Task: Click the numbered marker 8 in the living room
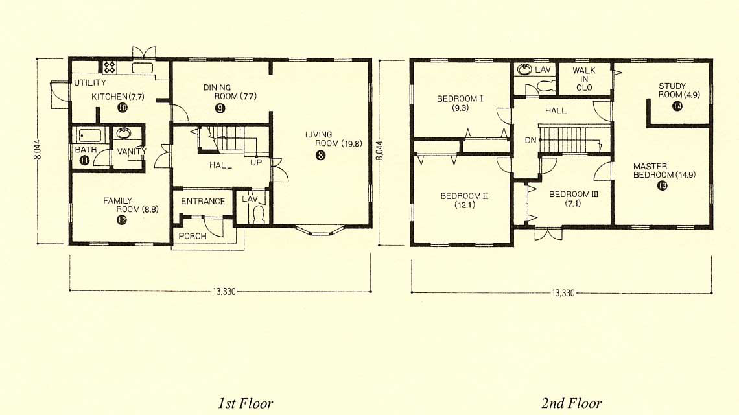point(320,155)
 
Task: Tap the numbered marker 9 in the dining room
point(220,108)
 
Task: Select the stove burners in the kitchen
point(110,67)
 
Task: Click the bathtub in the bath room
point(90,136)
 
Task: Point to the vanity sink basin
point(124,134)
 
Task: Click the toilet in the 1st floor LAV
point(258,216)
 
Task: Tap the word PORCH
point(193,236)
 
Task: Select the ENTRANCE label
point(203,202)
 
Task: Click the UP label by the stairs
point(256,162)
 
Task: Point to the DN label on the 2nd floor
point(530,141)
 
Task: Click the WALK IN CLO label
point(584,78)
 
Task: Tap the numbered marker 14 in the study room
point(677,106)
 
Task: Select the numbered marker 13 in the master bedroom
point(662,186)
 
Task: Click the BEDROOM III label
point(573,195)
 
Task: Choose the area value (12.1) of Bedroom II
point(465,205)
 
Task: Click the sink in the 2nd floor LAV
point(524,70)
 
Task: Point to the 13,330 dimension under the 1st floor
point(224,291)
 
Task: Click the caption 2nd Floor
point(571,403)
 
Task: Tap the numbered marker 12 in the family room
point(122,219)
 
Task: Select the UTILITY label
point(89,83)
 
